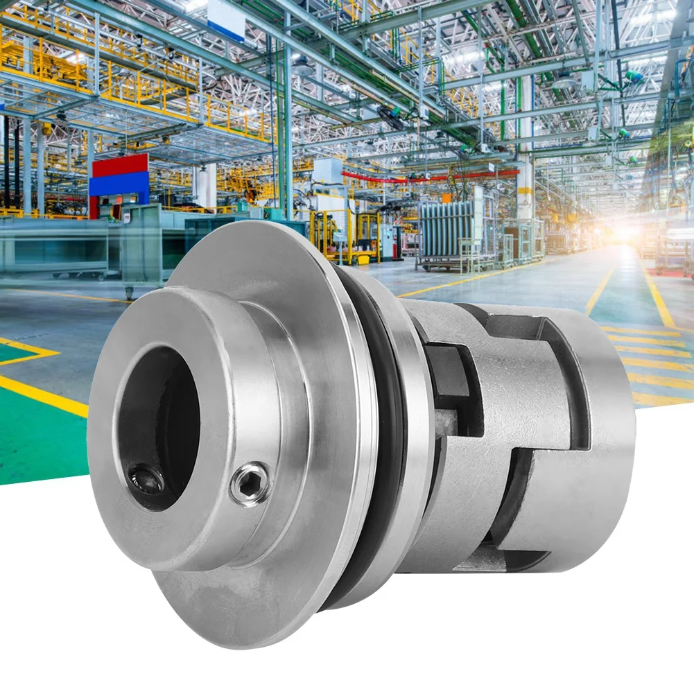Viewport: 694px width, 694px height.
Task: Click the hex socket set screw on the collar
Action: coord(250,484)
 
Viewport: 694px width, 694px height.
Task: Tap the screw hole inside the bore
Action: coord(146,478)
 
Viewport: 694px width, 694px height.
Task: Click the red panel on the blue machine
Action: coord(120,166)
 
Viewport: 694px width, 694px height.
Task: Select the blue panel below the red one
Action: coord(120,184)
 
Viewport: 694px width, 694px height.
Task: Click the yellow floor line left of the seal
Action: coord(42,395)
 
